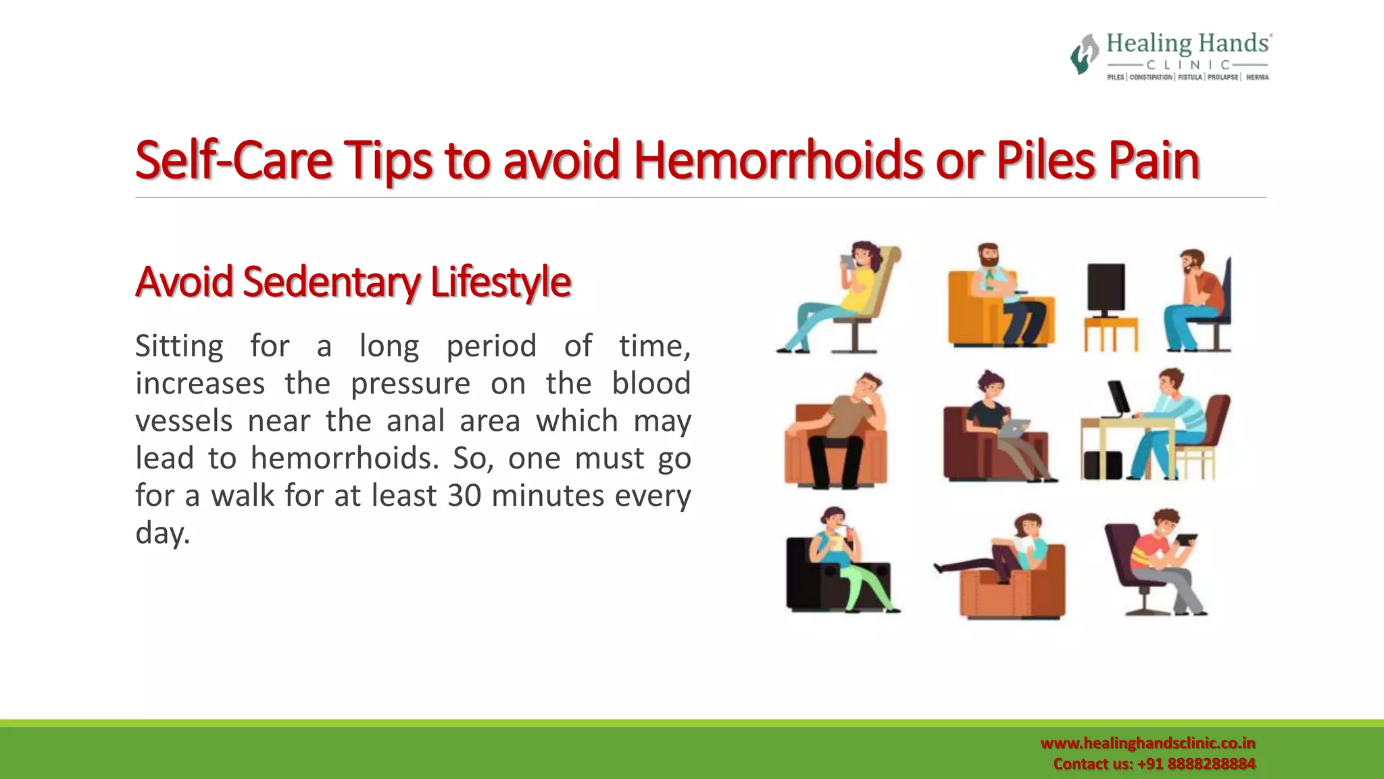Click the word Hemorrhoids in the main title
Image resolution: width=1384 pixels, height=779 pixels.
click(778, 161)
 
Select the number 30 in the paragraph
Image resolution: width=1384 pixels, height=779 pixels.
click(464, 496)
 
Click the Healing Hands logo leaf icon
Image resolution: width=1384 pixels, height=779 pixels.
click(1084, 54)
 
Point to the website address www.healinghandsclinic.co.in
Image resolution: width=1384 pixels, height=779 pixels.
click(1147, 743)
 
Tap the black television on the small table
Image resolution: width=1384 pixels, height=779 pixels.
click(1106, 289)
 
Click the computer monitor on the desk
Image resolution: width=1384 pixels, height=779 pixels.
click(1118, 399)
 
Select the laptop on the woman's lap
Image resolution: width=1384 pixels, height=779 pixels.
click(1014, 428)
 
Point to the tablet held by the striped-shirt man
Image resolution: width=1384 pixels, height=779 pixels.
click(1186, 540)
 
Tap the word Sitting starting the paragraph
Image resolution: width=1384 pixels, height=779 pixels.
click(179, 346)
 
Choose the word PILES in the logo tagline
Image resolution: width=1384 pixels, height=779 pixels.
click(1115, 78)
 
